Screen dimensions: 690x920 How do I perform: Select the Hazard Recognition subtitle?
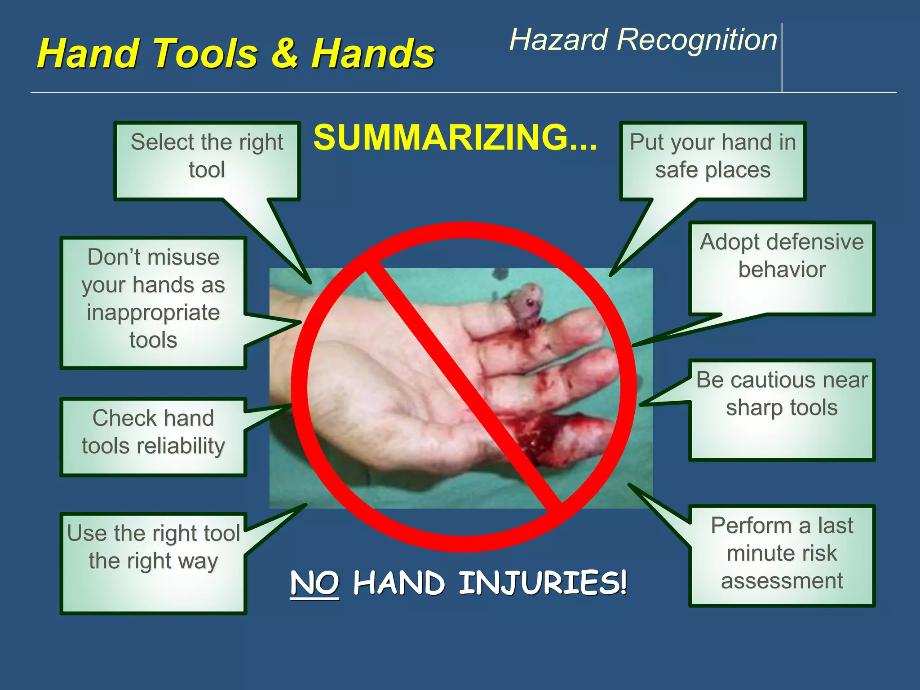[x=642, y=40]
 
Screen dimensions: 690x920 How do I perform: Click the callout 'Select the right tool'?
[x=207, y=156]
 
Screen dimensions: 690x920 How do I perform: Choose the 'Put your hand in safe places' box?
[x=712, y=156]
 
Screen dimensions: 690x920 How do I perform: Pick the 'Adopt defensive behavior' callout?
[x=782, y=256]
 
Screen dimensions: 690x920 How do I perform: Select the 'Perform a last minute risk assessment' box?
[x=782, y=553]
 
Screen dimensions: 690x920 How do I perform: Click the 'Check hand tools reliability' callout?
[x=153, y=432]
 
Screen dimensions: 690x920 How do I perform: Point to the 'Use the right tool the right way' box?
[x=153, y=548]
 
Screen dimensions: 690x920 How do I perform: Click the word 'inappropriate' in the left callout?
[x=153, y=313]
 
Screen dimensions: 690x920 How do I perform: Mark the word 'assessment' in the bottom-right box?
[x=782, y=581]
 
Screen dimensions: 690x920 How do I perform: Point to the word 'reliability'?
[x=181, y=446]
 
